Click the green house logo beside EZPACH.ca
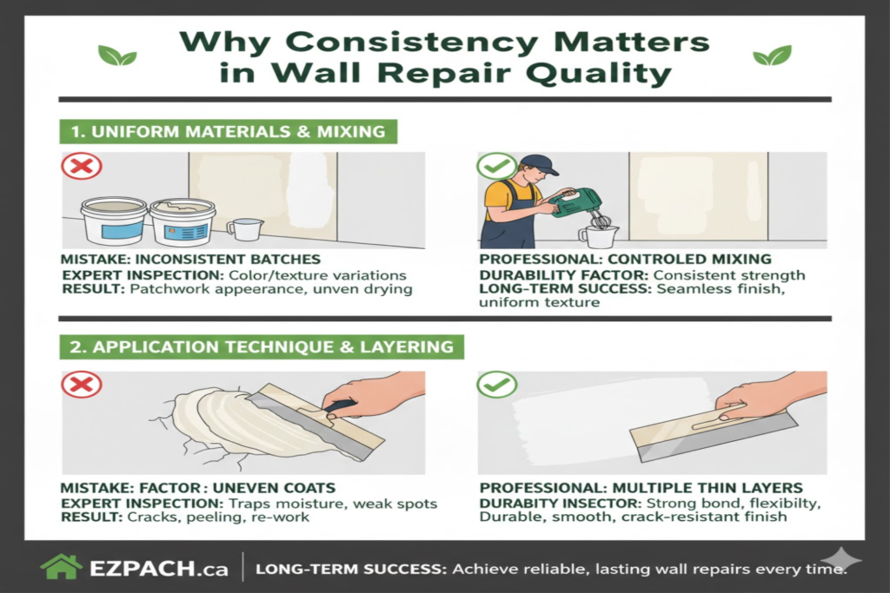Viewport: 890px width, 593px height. click(62, 567)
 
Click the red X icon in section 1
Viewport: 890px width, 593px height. click(81, 166)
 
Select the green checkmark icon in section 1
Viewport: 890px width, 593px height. click(498, 166)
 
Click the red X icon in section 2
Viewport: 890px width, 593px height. click(81, 384)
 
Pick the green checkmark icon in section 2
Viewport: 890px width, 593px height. click(498, 384)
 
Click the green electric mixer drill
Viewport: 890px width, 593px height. click(575, 205)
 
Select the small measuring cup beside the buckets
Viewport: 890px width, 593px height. click(245, 229)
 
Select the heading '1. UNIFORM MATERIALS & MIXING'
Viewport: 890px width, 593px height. click(227, 132)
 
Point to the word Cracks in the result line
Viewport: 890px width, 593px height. click(153, 517)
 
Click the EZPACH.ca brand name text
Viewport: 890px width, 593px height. click(158, 570)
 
